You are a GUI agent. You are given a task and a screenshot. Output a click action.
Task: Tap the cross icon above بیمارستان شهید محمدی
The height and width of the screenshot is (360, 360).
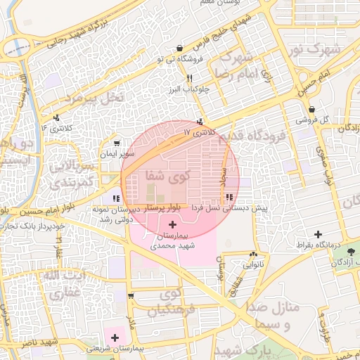point(172,224)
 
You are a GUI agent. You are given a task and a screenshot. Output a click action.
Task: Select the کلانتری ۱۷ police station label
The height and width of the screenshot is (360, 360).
point(197,131)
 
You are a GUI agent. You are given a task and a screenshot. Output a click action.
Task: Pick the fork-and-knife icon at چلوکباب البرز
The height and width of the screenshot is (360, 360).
point(190,78)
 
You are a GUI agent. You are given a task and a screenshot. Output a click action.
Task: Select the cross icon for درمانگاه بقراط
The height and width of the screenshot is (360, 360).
point(318,234)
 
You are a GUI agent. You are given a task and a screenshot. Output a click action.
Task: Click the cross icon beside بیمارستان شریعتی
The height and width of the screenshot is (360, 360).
point(115,337)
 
